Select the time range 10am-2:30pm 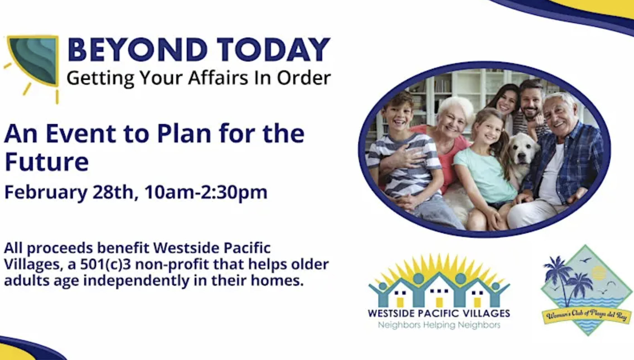(x=206, y=192)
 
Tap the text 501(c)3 (x=105, y=264)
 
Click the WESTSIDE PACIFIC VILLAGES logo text (x=439, y=313)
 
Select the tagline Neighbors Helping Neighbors (x=439, y=325)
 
